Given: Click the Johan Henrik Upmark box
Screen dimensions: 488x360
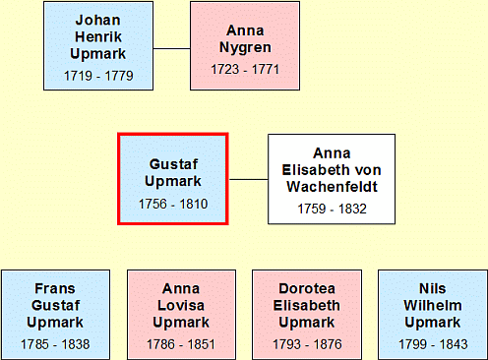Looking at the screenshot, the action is click(x=98, y=45).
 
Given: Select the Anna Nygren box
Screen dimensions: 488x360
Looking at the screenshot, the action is click(x=245, y=45).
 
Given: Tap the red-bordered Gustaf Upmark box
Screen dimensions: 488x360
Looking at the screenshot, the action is click(x=173, y=179).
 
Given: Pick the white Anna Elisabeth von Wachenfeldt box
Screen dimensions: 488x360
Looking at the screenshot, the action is click(x=332, y=179).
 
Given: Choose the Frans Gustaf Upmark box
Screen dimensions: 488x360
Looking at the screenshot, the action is click(x=55, y=315).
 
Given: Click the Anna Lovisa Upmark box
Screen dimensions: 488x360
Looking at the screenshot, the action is click(x=181, y=315).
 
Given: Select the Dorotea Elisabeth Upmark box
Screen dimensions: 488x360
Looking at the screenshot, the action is click(x=307, y=315).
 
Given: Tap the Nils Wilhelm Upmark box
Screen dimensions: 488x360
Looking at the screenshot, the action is click(x=433, y=315).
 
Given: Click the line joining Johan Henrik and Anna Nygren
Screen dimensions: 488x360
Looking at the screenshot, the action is click(x=171, y=49).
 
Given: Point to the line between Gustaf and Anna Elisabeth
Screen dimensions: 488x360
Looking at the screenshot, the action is click(x=248, y=179).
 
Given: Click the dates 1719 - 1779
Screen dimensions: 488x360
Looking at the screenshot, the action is click(x=98, y=76).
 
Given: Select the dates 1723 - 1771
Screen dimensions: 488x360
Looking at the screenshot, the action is click(x=245, y=69).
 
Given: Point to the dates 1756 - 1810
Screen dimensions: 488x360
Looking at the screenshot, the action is click(x=173, y=204).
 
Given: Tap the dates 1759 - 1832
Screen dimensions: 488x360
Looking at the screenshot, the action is click(x=332, y=209).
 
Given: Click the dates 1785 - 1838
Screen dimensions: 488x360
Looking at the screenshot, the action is click(x=55, y=344).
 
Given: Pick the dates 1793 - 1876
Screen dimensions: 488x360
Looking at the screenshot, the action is click(x=307, y=344).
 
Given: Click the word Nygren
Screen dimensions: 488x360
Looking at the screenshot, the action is click(x=245, y=48).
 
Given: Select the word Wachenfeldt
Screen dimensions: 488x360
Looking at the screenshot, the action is click(x=333, y=187).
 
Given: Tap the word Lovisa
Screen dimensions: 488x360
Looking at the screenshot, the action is click(x=181, y=306).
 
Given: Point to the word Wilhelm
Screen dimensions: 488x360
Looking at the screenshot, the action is click(x=433, y=306).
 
